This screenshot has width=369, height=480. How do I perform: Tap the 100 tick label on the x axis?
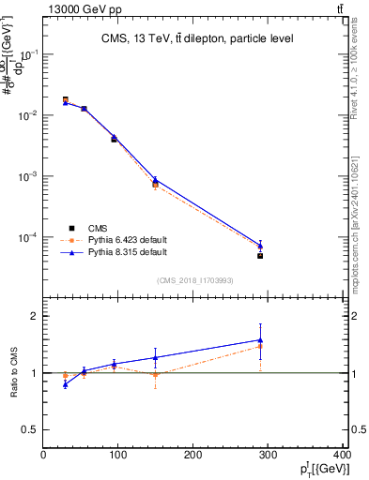click(x=118, y=455)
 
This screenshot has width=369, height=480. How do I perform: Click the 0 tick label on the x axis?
click(x=43, y=455)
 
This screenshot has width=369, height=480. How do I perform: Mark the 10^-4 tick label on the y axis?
click(x=26, y=237)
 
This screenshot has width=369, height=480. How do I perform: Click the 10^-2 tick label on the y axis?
click(x=26, y=115)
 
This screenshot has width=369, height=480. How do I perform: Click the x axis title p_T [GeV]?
click(x=318, y=468)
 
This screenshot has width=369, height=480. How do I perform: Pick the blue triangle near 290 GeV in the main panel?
click(x=260, y=246)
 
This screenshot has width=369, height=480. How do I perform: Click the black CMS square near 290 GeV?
click(x=260, y=256)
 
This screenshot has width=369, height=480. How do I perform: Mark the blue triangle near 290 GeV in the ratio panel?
click(x=260, y=340)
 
